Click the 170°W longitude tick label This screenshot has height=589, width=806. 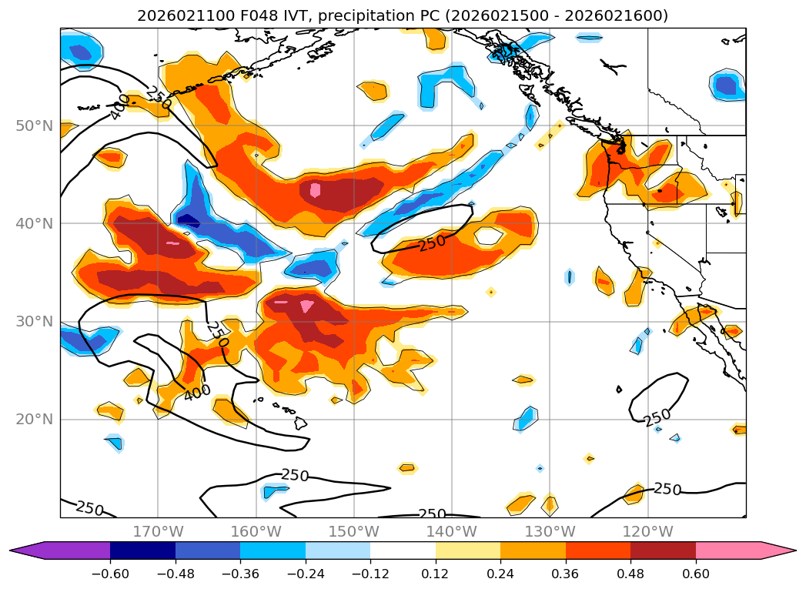(x=158, y=531)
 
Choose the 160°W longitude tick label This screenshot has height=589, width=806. (x=256, y=531)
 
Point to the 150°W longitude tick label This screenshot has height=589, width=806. (x=353, y=531)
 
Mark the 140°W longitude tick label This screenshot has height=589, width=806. (x=452, y=531)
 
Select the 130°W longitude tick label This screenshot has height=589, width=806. (x=550, y=531)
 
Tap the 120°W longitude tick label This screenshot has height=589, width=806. (x=647, y=531)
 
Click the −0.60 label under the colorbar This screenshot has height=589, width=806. (x=110, y=573)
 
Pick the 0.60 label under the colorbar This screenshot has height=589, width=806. (x=696, y=573)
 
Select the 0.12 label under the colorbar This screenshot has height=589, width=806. (x=436, y=573)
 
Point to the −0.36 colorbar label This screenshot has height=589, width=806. (x=240, y=573)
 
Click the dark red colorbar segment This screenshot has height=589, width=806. (x=663, y=551)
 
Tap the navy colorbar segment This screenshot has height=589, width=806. (x=142, y=551)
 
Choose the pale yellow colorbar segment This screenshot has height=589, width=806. (x=468, y=551)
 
